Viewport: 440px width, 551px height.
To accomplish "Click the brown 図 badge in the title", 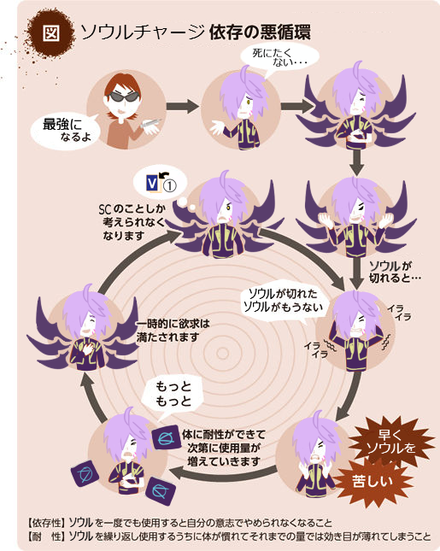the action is click(51, 33).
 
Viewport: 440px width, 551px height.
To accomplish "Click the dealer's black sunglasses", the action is click(123, 97).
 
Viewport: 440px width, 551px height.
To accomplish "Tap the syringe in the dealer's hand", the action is click(150, 123).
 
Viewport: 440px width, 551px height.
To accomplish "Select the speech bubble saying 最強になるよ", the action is click(66, 131).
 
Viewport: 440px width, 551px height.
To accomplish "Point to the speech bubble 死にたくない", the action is click(279, 58).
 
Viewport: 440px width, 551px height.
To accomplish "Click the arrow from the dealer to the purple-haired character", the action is click(182, 106).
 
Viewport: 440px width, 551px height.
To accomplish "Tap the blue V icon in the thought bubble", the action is click(152, 184).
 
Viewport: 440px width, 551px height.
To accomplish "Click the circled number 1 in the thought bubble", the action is click(170, 185).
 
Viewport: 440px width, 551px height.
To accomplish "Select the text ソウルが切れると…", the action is click(395, 272).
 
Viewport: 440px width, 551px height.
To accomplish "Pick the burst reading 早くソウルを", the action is click(390, 442).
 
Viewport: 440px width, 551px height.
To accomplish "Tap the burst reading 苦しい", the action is click(373, 481).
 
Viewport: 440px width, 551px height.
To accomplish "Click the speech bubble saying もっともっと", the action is click(173, 395).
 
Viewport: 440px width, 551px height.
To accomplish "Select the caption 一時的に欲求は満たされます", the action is click(173, 331).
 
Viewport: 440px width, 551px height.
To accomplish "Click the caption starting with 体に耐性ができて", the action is click(224, 448).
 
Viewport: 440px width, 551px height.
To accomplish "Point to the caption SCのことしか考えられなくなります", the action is click(132, 222).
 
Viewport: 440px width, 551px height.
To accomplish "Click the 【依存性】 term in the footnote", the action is click(46, 523).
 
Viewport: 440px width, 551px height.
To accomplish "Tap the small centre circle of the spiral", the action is click(222, 353).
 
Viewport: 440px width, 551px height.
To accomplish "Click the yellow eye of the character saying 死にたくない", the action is click(248, 102).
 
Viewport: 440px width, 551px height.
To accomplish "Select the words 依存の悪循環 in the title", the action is click(260, 32).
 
